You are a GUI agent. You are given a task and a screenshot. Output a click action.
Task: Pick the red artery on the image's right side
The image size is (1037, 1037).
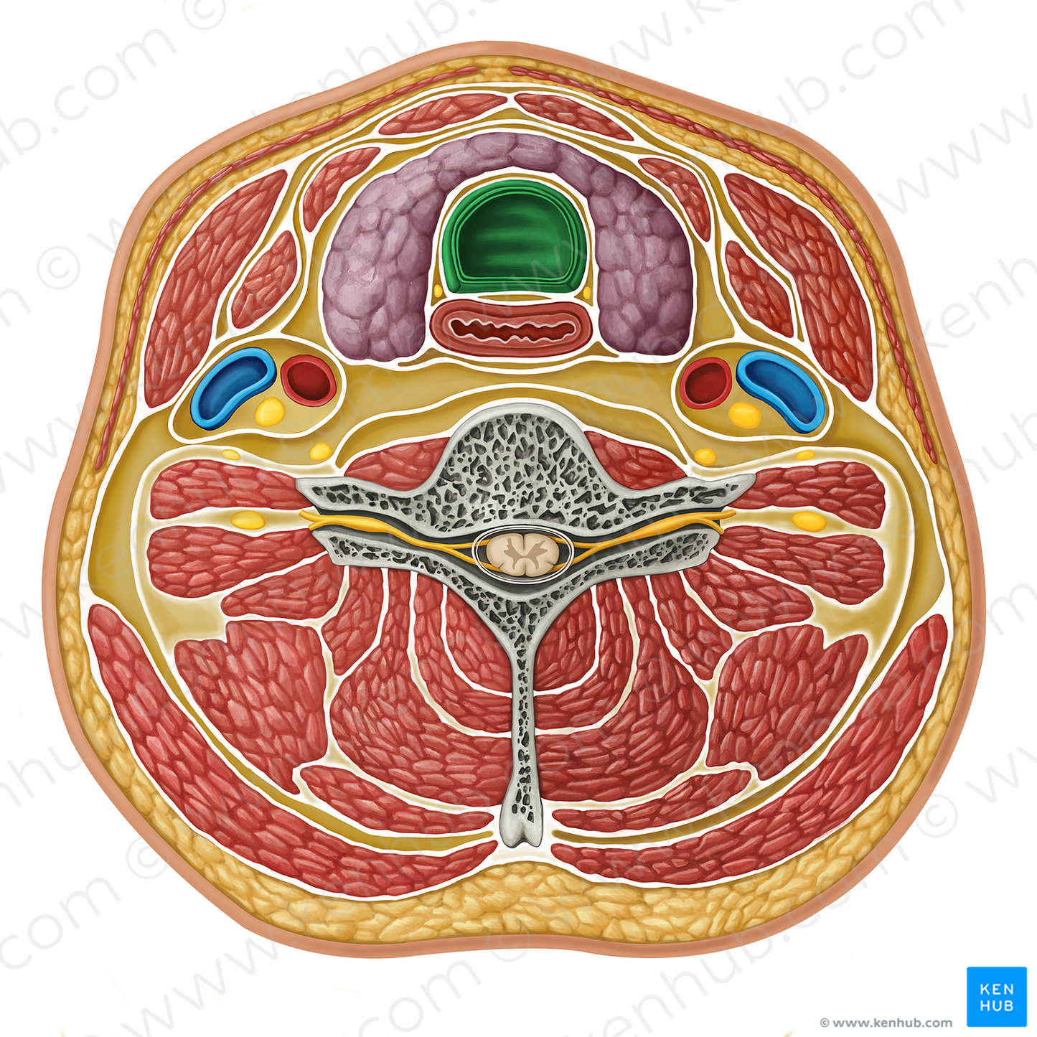[706, 383]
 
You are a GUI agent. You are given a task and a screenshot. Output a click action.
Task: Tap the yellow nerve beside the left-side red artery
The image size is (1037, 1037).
[270, 410]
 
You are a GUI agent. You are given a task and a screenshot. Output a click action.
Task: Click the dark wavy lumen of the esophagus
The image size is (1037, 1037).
[512, 328]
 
